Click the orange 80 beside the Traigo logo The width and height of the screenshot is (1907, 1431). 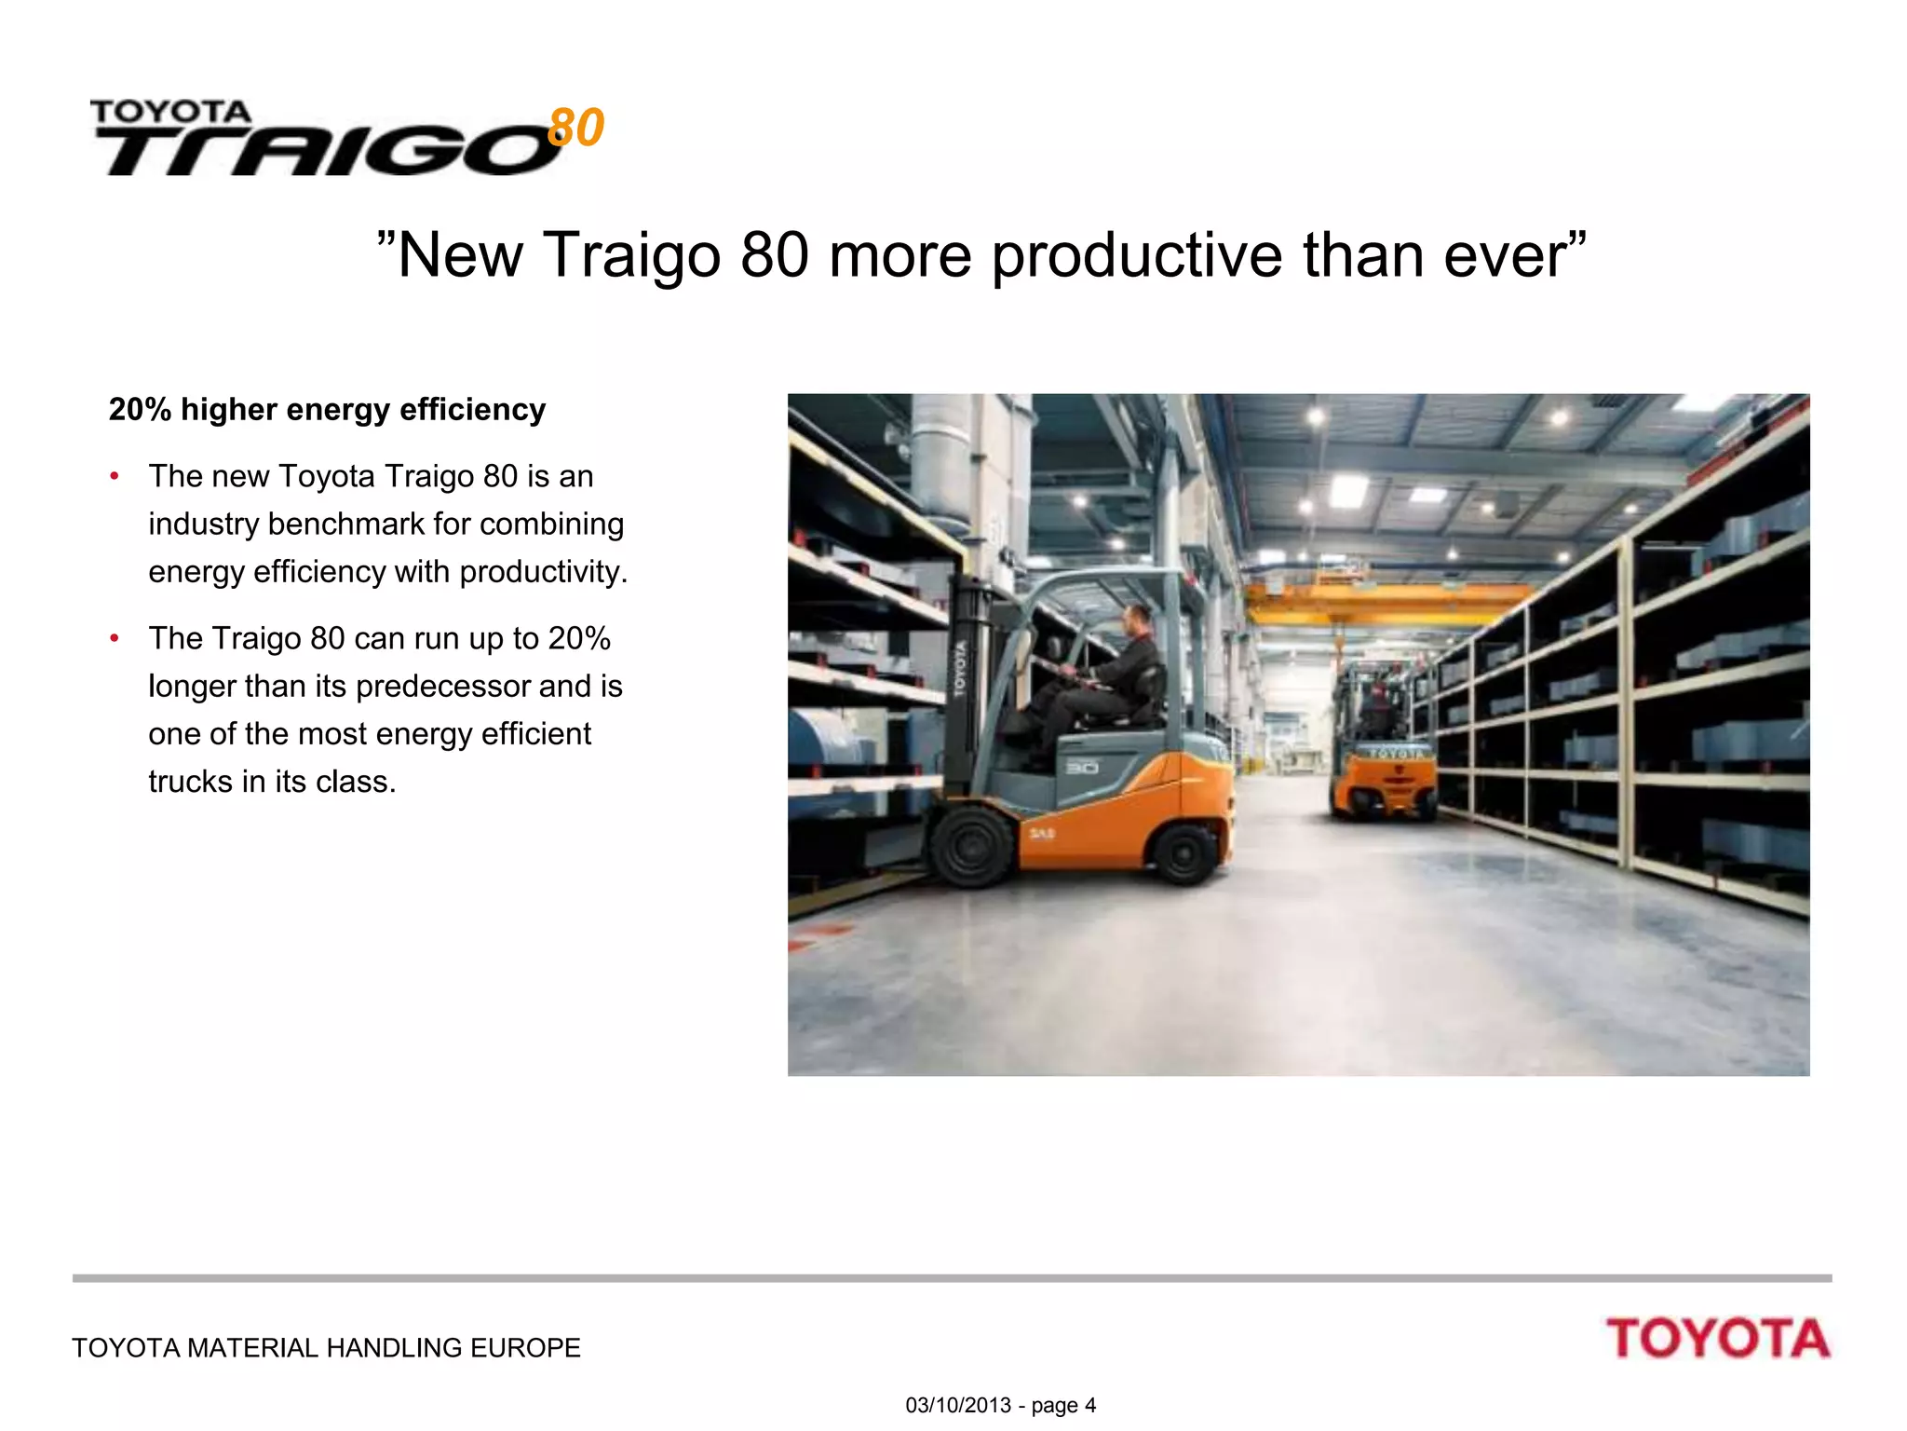click(x=576, y=128)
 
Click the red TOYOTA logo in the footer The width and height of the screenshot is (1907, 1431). click(x=1718, y=1339)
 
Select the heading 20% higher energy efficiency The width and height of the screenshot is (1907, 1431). click(x=327, y=410)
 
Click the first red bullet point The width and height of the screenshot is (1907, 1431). click(x=115, y=477)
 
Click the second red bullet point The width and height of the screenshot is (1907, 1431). click(x=115, y=639)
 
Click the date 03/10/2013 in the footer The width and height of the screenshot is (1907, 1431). click(x=958, y=1405)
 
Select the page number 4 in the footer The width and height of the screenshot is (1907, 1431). click(x=1090, y=1405)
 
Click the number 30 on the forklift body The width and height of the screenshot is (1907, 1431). click(x=1082, y=767)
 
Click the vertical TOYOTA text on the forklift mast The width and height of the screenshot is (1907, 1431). click(x=960, y=668)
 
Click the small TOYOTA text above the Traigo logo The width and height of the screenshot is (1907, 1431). click(x=171, y=113)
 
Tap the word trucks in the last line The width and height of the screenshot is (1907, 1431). click(x=191, y=782)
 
